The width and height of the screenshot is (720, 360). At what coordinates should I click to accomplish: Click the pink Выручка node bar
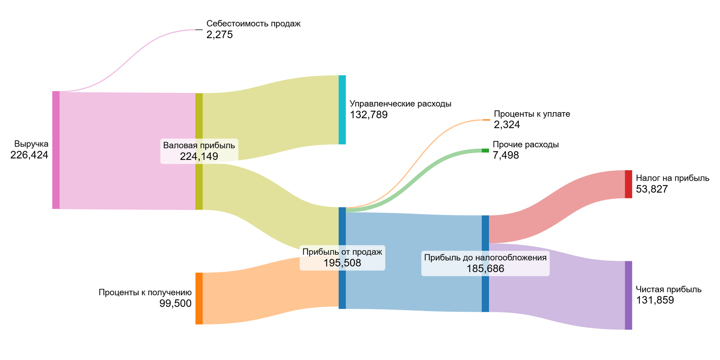tap(56, 150)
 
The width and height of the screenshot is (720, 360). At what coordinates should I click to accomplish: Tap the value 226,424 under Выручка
tap(29, 155)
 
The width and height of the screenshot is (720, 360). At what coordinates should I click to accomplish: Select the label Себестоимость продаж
tap(253, 24)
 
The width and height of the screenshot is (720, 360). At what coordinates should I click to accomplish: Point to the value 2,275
tap(220, 35)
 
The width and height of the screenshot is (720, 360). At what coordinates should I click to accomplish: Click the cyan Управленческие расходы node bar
tap(342, 110)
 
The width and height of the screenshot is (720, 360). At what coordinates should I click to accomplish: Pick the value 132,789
tap(369, 115)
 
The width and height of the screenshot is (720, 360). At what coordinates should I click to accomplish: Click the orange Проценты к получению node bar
tap(199, 298)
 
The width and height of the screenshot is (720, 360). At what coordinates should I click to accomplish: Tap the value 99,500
tap(175, 304)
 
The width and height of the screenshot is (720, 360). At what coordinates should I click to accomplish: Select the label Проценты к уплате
tap(532, 114)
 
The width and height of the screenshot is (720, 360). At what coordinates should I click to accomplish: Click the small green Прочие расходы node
tap(485, 150)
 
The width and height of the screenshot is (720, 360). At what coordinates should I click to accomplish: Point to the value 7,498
tap(506, 155)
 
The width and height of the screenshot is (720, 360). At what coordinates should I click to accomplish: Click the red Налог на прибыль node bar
tap(628, 184)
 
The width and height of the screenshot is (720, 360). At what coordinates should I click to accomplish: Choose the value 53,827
tap(652, 189)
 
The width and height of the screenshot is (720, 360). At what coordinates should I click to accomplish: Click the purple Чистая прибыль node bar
tap(628, 295)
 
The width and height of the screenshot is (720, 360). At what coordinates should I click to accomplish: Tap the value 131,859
tap(655, 300)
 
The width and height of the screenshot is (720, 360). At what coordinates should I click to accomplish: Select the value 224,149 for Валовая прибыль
tap(199, 156)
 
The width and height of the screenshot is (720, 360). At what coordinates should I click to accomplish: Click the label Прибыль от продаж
tap(342, 252)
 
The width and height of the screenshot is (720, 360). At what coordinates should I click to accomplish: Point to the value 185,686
tap(485, 269)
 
